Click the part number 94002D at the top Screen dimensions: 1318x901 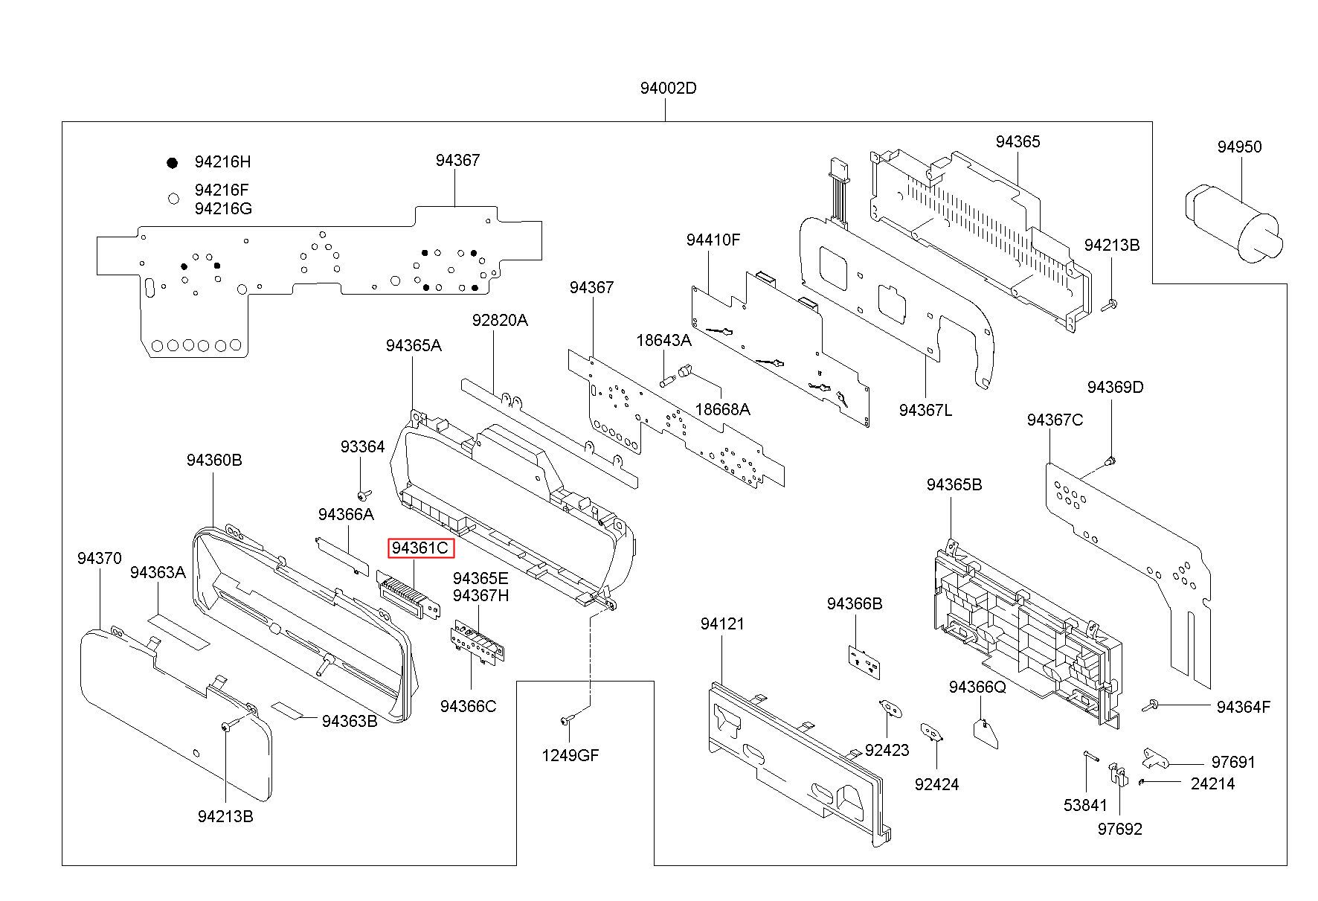coord(668,88)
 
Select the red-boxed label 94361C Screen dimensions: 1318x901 coord(421,548)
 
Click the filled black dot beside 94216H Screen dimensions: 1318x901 coord(173,162)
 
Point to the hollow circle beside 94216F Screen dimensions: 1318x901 coord(173,199)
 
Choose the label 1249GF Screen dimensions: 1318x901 coord(570,756)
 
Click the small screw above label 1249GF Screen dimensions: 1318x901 coord(567,719)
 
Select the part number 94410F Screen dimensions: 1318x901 coord(713,240)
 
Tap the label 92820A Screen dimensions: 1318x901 coord(500,320)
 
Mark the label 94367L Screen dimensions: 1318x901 coord(925,410)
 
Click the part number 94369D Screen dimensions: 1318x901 coord(1115,387)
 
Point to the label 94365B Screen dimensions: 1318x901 coord(954,484)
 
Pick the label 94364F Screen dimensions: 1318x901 coord(1244,707)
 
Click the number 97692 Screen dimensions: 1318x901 coord(1120,829)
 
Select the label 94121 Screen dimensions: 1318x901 coord(722,623)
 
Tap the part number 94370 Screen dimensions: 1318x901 coord(99,558)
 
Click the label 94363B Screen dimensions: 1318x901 coord(350,721)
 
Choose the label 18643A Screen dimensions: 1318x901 coord(663,340)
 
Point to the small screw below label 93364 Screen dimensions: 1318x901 coord(363,495)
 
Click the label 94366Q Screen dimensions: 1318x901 coord(977,687)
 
